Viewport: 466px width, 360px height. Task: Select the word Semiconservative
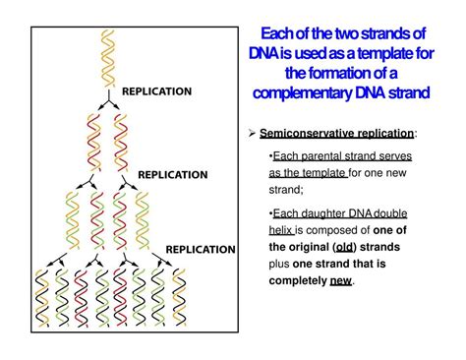tap(309, 132)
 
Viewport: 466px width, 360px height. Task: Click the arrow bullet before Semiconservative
tap(251, 132)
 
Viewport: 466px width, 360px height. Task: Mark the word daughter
tap(321, 213)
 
